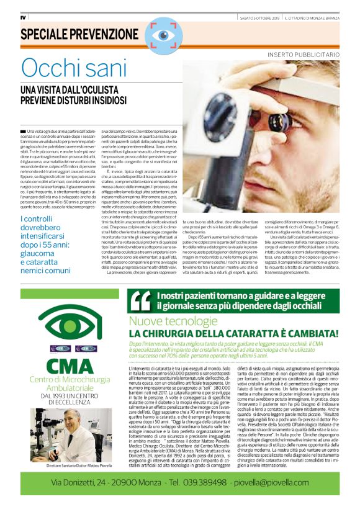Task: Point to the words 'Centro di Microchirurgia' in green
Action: click(64, 379)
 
